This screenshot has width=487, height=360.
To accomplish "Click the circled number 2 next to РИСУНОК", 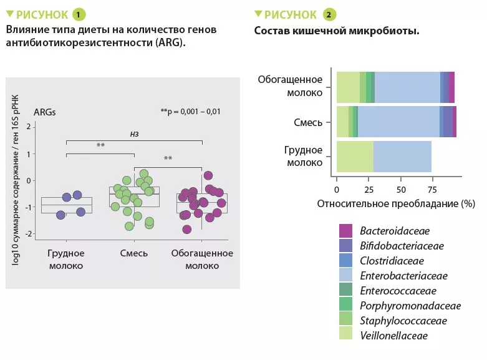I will click(330, 14).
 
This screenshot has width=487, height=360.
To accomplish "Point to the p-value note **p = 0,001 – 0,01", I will click(190, 112).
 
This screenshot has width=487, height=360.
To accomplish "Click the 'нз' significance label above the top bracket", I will click(133, 133).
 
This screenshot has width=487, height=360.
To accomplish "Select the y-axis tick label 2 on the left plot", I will click(28, 127).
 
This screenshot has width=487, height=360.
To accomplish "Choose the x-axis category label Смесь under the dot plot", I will click(133, 253).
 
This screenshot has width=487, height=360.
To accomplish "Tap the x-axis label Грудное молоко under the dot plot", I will click(65, 259).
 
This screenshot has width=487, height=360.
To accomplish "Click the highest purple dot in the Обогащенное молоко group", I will click(208, 175).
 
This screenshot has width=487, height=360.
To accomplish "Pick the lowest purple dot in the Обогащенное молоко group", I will click(187, 229).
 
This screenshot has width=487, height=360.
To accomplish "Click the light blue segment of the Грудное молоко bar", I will click(402, 157).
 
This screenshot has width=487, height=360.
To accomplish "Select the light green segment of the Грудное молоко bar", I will click(355, 157).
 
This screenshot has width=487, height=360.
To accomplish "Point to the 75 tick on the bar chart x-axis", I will click(432, 189).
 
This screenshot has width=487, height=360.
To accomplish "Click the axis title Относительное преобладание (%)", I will click(396, 203).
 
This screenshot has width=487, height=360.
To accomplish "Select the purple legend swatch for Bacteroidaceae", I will click(346, 231).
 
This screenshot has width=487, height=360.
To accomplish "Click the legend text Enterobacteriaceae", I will click(403, 275).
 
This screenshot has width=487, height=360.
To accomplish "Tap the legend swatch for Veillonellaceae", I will click(346, 336).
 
